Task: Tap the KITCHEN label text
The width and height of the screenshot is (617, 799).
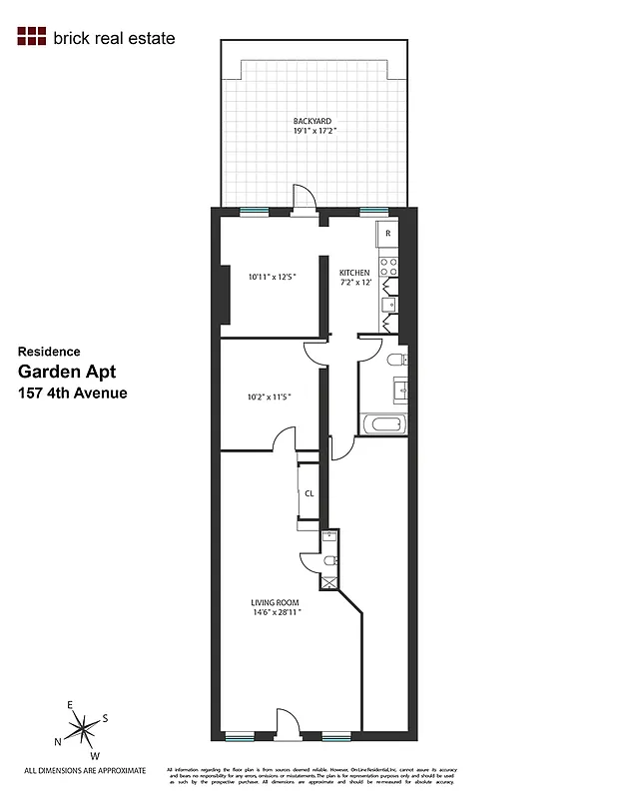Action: [x=354, y=273]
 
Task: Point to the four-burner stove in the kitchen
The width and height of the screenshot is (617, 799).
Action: [x=388, y=268]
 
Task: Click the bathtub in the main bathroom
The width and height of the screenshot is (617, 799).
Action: [x=384, y=423]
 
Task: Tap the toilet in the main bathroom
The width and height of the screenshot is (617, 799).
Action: [x=396, y=359]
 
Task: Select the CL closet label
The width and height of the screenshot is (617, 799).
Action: [x=308, y=493]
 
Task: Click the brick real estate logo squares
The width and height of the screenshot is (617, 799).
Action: [x=32, y=38]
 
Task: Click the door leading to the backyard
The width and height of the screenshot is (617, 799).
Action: [x=304, y=199]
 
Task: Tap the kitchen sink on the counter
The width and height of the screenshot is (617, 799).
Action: [x=389, y=304]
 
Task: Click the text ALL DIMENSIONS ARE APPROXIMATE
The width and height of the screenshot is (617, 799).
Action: [x=85, y=770]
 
